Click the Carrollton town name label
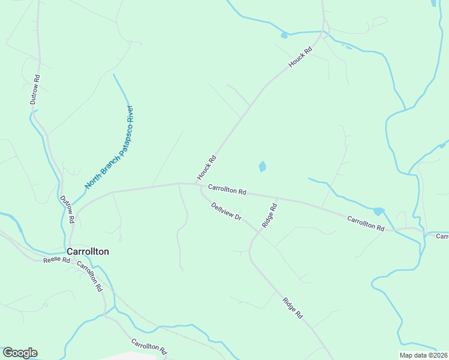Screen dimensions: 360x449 (x=88, y=251)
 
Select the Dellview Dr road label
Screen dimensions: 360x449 (x=226, y=211)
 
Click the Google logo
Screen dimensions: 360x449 (x=20, y=352)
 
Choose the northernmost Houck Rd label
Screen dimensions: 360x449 (x=301, y=58)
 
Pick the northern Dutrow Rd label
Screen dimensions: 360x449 (x=35, y=90)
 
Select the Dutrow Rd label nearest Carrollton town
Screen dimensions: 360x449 (x=66, y=209)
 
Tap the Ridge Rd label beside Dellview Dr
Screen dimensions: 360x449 (x=269, y=215)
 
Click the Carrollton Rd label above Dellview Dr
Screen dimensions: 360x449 (x=227, y=190)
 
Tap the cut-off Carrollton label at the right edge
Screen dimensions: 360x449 (x=442, y=236)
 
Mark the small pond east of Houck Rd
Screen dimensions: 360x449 (x=262, y=166)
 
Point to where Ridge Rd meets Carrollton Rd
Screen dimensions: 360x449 (x=276, y=197)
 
